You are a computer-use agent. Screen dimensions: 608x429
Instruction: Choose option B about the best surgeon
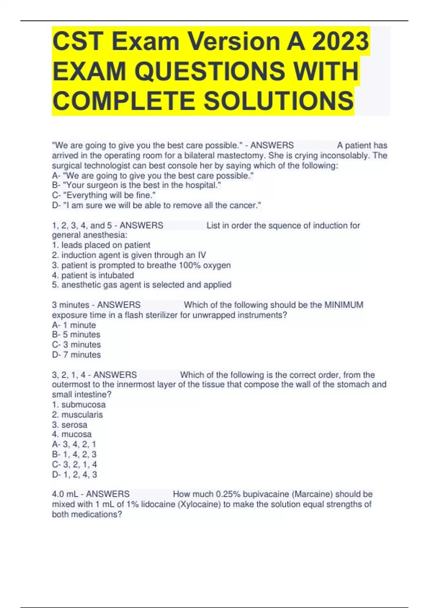[136, 185]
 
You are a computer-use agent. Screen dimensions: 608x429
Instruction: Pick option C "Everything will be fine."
[104, 195]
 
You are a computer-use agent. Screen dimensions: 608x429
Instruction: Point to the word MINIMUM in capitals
[344, 305]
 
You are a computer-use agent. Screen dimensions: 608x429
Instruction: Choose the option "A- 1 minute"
[74, 325]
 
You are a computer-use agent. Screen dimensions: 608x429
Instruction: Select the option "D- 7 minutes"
[76, 355]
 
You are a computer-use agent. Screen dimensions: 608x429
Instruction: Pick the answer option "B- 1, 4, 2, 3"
[74, 454]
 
